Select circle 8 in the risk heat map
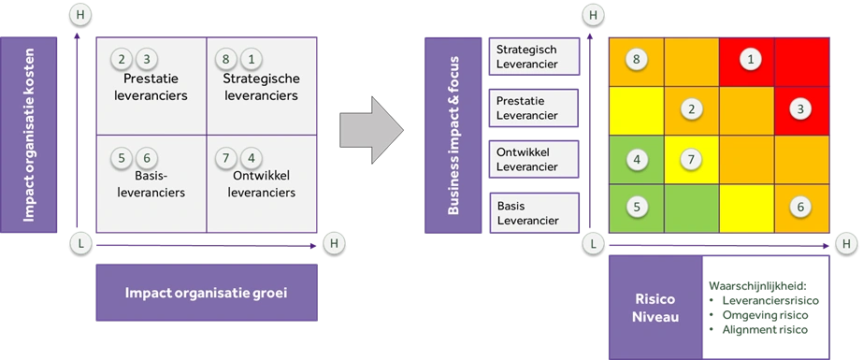pos(636,60)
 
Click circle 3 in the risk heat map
pos(800,108)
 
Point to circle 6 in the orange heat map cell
pos(800,207)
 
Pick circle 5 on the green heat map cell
pos(636,207)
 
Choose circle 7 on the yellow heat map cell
pos(691,158)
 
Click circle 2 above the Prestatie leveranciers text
pos(122,59)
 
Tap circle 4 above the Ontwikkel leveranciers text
pos(250,158)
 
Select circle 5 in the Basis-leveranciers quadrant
pos(122,158)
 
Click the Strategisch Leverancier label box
pos(534,57)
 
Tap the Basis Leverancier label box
pos(534,212)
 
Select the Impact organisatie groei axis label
pos(207,293)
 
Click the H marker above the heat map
pos(591,16)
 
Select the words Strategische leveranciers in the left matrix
pos(261,86)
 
